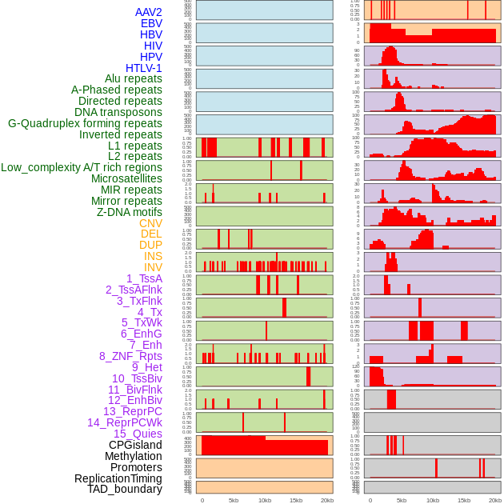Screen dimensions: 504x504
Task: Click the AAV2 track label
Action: (x=148, y=12)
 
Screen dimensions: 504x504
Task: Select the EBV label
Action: (x=151, y=23)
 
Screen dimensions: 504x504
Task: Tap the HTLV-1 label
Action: (x=143, y=68)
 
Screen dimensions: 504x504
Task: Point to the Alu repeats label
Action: (x=133, y=78)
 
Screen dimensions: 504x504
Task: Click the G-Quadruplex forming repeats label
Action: (x=85, y=123)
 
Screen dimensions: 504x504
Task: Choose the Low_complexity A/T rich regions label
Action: (x=82, y=167)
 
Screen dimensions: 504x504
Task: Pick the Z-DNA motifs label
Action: (x=129, y=212)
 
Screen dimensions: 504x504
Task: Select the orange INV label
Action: (x=153, y=267)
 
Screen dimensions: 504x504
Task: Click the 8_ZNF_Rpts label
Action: (x=130, y=356)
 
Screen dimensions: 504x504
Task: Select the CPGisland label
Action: (x=135, y=445)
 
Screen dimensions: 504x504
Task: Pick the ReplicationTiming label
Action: (x=118, y=478)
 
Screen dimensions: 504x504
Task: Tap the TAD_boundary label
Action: (x=124, y=489)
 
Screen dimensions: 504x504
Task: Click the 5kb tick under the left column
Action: (x=234, y=500)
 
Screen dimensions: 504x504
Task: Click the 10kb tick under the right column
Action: (x=433, y=500)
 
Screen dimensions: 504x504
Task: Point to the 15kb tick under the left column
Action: (x=296, y=500)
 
